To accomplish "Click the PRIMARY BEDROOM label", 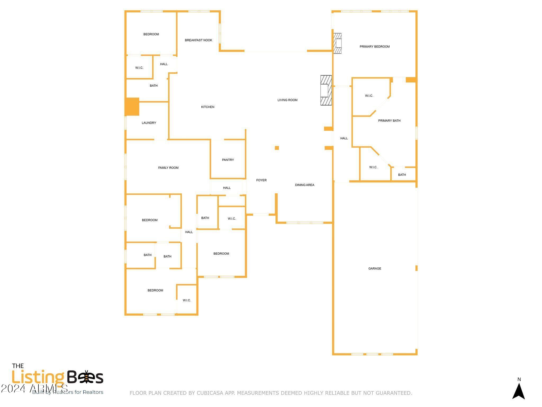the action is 374,47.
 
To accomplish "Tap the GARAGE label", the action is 375,269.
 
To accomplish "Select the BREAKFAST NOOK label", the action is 198,40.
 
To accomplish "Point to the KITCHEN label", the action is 208,107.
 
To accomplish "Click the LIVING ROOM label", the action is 287,100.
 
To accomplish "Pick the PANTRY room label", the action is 228,160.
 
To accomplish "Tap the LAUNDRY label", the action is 149,123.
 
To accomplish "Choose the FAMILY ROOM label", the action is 168,168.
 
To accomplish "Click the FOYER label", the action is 261,180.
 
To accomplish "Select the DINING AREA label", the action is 305,185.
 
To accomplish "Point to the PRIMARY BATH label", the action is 389,121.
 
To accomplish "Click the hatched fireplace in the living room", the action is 326,90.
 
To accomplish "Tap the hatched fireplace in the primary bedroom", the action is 337,43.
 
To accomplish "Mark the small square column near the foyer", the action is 277,148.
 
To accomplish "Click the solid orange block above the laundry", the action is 132,107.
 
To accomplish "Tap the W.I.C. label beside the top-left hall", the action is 139,68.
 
